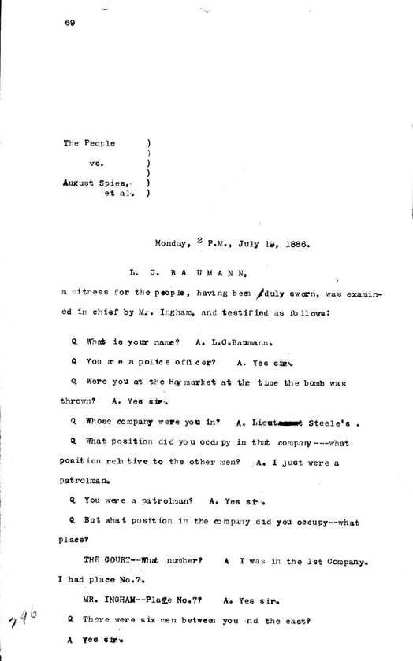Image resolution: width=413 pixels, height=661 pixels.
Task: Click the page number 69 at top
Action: [x=70, y=23]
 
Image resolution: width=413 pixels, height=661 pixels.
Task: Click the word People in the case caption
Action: [x=100, y=143]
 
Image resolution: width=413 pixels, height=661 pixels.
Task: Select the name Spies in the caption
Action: [x=120, y=181]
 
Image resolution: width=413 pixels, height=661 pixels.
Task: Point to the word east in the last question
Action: [x=289, y=620]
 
